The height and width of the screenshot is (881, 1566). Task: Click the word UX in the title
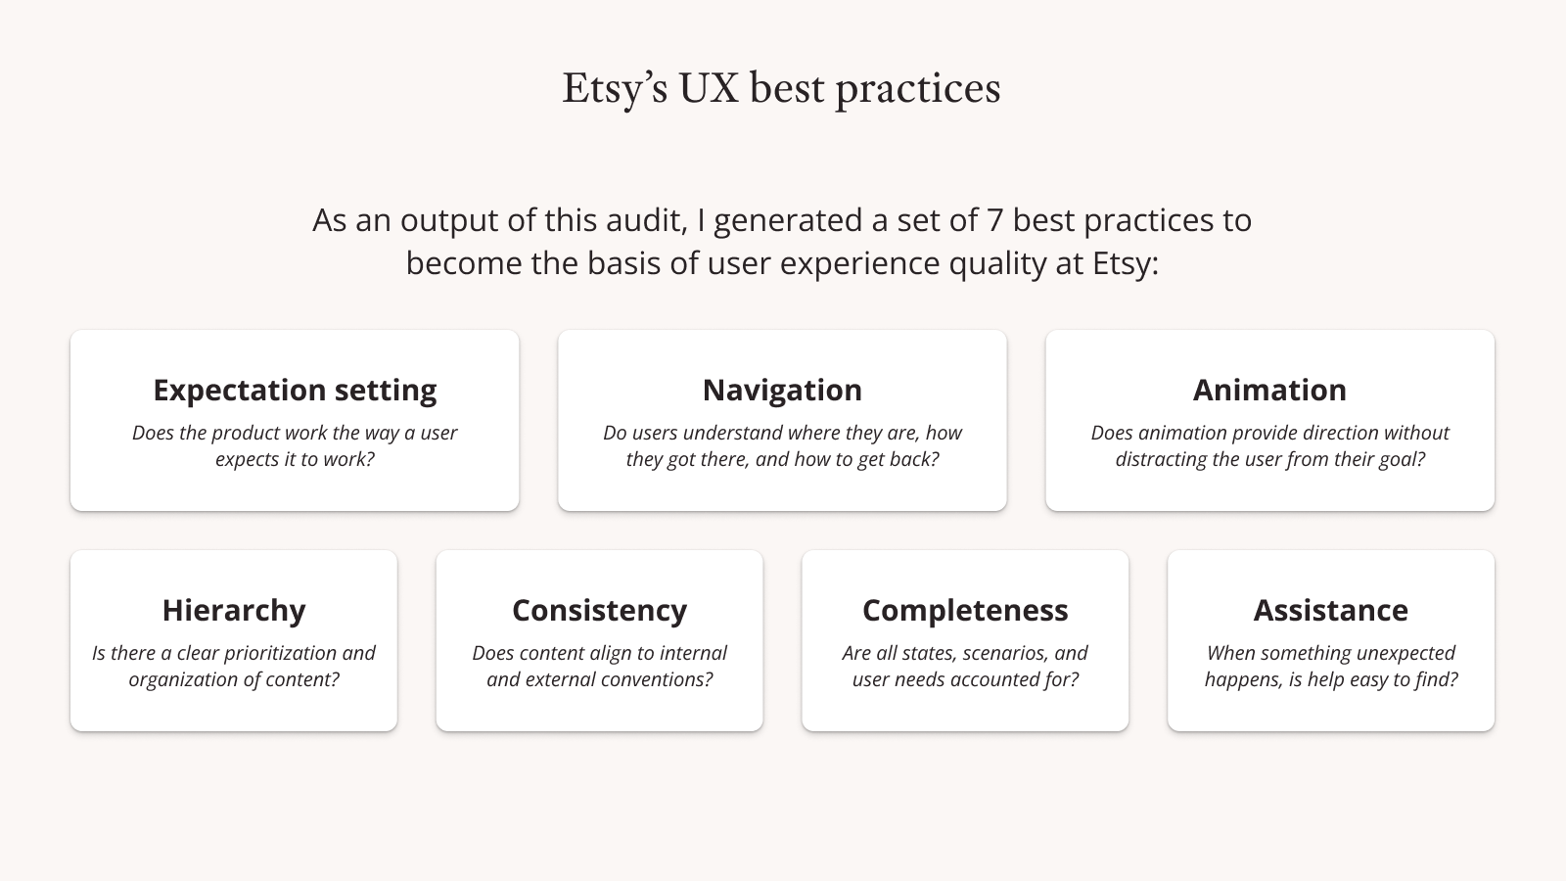[709, 88]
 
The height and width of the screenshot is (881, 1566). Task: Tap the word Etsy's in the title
[615, 89]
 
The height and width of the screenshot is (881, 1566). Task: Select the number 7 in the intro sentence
[994, 220]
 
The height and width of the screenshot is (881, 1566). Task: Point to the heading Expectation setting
[295, 391]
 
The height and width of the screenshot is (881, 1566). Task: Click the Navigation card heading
[782, 391]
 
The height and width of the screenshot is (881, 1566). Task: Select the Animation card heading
[1269, 391]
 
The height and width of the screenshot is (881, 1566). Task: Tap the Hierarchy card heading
[234, 611]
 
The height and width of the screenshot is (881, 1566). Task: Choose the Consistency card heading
[600, 611]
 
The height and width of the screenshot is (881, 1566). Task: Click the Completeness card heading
[965, 611]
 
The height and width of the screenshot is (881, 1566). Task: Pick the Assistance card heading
[1331, 611]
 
